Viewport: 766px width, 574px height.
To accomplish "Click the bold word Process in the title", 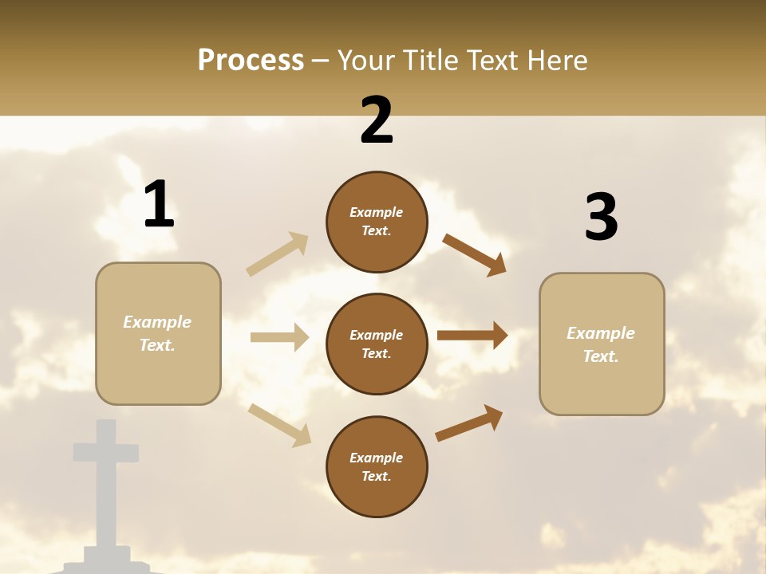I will pos(251,61).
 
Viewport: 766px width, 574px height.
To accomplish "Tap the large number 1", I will pos(159,204).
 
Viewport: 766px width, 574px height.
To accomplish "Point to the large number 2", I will pos(377,120).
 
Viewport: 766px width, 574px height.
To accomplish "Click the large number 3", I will pos(601,217).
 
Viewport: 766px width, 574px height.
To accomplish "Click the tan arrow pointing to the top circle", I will pos(278,254).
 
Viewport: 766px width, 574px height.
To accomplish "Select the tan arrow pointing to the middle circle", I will pos(279,337).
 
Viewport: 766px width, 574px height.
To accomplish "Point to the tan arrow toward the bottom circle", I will pos(280,424).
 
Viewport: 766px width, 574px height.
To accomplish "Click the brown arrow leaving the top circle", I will pos(475,255).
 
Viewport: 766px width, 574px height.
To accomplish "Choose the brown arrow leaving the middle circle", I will pos(472,335).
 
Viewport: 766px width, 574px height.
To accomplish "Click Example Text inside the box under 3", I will pos(601,344).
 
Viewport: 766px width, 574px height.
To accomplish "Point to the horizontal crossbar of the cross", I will pos(106,452).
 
